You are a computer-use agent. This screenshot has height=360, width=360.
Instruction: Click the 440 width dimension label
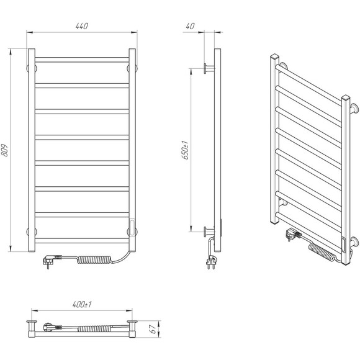tap(82, 26)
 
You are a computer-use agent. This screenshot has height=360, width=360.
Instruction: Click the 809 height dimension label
tap(4, 150)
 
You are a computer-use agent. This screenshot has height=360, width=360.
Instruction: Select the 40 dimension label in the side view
tap(191, 26)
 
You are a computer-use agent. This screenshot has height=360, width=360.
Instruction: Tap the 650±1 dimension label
tap(185, 150)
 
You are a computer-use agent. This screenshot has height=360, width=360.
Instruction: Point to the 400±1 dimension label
tap(82, 304)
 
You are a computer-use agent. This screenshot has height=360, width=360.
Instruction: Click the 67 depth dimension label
tap(153, 329)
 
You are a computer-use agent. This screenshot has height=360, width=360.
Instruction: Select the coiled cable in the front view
tap(94, 259)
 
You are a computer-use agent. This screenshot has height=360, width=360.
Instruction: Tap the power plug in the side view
tap(211, 262)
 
